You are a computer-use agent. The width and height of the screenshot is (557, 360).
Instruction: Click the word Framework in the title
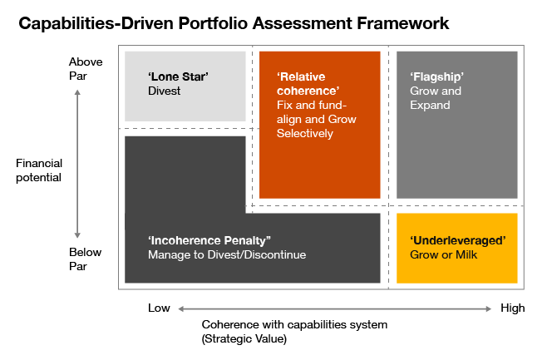pyautogui.click(x=402, y=23)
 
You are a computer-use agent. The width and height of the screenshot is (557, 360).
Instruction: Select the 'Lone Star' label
pyautogui.click(x=178, y=77)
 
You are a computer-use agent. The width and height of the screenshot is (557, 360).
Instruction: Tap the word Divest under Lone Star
pyautogui.click(x=164, y=91)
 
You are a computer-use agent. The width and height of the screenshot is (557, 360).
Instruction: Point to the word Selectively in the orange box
pyautogui.click(x=305, y=134)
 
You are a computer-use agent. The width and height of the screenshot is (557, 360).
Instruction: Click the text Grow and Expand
pyautogui.click(x=436, y=98)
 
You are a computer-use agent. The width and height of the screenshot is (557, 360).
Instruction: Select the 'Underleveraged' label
pyautogui.click(x=458, y=240)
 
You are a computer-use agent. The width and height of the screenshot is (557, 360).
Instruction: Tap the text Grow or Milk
pyautogui.click(x=442, y=254)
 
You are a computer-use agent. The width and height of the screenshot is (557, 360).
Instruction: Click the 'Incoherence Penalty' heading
pyautogui.click(x=209, y=240)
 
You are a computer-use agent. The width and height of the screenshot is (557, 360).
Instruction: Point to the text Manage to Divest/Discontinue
pyautogui.click(x=227, y=254)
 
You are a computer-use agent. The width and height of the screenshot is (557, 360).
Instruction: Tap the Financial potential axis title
pyautogui.click(x=39, y=170)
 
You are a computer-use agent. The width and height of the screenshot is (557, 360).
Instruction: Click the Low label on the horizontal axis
pyautogui.click(x=159, y=308)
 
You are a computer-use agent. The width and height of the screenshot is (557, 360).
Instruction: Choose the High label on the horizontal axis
pyautogui.click(x=512, y=308)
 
